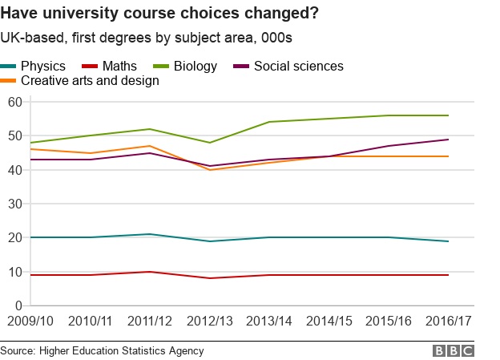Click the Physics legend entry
point(33,66)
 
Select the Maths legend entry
point(109,66)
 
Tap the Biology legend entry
point(185,67)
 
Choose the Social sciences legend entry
point(288,66)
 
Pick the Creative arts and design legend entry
point(79,80)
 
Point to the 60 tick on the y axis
point(15,102)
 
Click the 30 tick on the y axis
point(15,204)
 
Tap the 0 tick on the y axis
point(18,305)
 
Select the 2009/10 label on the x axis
point(30,321)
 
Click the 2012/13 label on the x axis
point(210,321)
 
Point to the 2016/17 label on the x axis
point(449,321)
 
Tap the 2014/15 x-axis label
point(329,321)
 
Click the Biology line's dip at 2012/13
point(210,143)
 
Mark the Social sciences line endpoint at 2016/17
point(449,140)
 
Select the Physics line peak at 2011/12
point(150,234)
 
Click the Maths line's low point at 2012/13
point(210,278)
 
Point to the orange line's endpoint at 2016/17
point(449,156)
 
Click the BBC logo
point(454,351)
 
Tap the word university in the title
point(81,14)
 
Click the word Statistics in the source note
point(143,350)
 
